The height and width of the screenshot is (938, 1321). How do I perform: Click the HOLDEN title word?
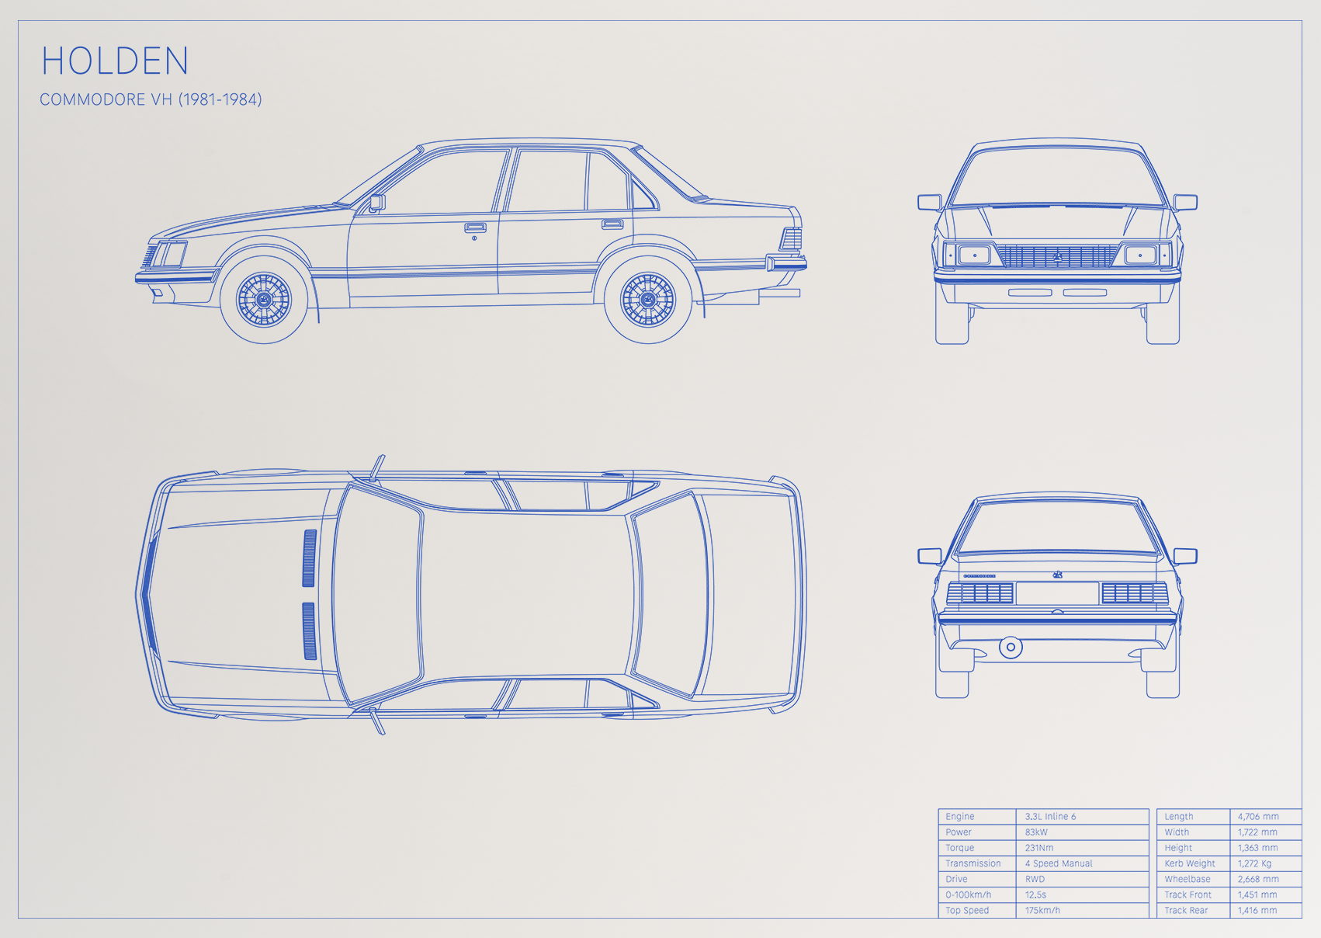coord(115,61)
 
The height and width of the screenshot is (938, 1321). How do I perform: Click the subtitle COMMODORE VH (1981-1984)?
coord(151,99)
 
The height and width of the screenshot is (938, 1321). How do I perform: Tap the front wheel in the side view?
coord(264,300)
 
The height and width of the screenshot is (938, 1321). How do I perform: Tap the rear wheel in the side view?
coord(648,300)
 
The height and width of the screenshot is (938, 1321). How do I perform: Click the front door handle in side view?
coord(475,228)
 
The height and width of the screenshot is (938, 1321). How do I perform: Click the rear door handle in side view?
coord(612,224)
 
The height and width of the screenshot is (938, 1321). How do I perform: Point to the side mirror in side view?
coord(377,203)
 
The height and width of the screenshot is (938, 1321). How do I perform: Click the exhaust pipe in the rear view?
coord(1011,647)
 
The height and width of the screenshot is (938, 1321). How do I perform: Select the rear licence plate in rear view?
coord(1057,593)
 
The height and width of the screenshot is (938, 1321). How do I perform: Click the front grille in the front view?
coord(1057,256)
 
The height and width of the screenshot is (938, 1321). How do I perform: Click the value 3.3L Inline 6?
coord(1050,816)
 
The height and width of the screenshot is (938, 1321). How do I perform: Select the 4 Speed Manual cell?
coord(1059,863)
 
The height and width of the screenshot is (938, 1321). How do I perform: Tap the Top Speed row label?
coord(967,910)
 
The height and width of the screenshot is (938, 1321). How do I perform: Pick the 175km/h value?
coord(1042,910)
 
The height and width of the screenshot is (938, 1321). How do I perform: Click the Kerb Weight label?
coord(1190,863)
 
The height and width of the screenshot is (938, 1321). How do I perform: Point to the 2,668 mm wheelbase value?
coord(1258,879)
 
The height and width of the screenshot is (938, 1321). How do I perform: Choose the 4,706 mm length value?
coord(1258,816)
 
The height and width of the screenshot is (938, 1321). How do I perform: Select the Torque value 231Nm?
coord(1039,848)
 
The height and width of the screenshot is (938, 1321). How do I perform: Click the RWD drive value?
coord(1035,879)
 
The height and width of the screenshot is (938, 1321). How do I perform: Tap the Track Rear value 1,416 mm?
coord(1257,910)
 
